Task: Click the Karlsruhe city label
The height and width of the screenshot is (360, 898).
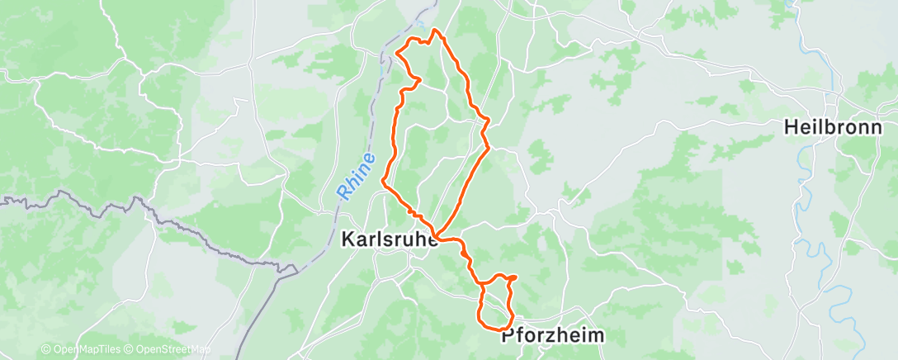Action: [390, 239]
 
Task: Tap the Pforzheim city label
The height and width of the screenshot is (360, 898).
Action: [553, 337]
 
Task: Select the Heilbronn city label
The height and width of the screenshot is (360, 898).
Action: [833, 127]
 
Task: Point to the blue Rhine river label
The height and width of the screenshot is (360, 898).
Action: [357, 176]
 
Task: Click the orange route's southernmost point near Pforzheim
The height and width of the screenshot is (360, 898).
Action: [503, 331]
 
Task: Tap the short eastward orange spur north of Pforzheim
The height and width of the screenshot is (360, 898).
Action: [513, 277]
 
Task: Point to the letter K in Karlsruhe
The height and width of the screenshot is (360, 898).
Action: [347, 239]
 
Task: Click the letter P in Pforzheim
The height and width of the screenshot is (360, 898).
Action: [508, 337]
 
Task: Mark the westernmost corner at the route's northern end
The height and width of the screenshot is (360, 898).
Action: [399, 53]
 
